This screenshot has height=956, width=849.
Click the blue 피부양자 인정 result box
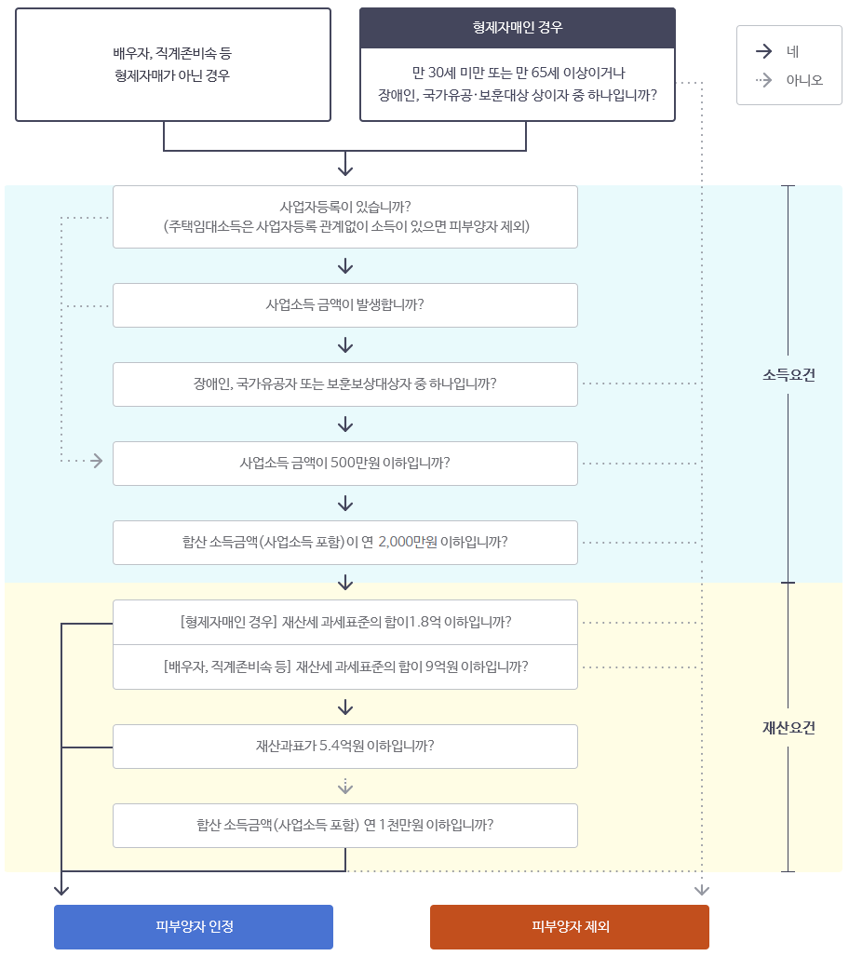194,926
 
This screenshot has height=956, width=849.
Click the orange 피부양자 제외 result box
570,926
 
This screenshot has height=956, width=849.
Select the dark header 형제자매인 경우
518,28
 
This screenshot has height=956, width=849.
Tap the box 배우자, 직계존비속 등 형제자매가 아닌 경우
173,65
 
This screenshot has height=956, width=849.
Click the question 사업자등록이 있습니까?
345,216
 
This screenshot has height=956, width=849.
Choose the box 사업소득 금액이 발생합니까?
345,304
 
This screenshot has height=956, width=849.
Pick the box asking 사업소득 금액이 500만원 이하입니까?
345,463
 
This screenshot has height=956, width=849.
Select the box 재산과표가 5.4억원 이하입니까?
345,746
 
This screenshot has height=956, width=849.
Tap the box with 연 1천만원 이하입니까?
345,825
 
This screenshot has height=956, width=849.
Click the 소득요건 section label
788,375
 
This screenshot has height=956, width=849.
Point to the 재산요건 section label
788,728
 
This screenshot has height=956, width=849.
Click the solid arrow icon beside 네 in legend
764,52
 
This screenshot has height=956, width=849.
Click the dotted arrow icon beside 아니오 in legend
764,80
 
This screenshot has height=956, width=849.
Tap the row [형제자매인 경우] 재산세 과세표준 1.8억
345,622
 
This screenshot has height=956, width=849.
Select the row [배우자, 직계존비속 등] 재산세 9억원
345,667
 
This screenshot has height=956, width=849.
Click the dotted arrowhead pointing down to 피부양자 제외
702,891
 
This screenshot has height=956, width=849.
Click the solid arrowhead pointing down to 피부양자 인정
61,890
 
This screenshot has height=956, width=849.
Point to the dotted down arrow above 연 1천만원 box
345,786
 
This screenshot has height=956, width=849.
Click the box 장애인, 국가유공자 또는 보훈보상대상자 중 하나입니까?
345,384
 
